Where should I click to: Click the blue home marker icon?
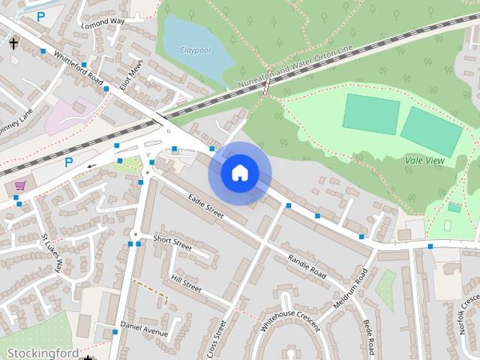(239, 173)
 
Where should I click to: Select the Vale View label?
(424, 160)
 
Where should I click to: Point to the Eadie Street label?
(206, 206)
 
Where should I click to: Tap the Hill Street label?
(186, 282)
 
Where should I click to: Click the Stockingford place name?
(43, 352)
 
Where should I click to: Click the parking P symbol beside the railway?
(69, 161)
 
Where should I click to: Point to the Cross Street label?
(217, 338)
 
